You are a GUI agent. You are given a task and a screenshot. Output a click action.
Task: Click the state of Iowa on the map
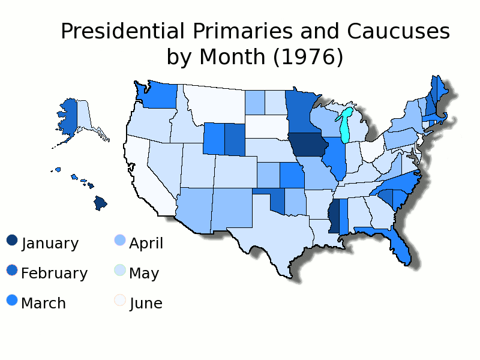click(304, 145)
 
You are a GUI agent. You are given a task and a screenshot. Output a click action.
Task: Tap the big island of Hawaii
click(100, 203)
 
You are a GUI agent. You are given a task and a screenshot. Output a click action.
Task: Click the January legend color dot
click(12, 240)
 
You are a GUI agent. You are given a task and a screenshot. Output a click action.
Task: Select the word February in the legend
click(54, 274)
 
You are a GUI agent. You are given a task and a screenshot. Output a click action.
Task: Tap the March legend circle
click(12, 300)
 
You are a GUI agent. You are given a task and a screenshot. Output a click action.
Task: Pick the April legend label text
click(146, 244)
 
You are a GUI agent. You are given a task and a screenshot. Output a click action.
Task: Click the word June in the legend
click(146, 304)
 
